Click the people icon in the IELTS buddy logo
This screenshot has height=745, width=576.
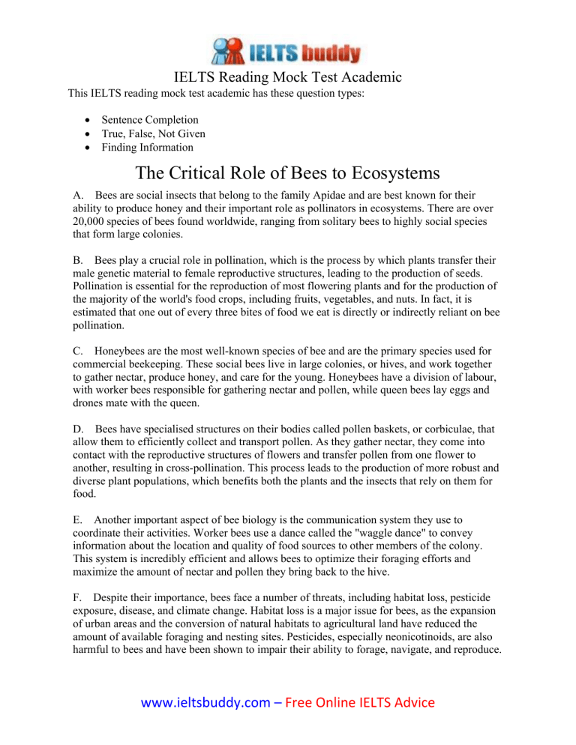click(x=228, y=51)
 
